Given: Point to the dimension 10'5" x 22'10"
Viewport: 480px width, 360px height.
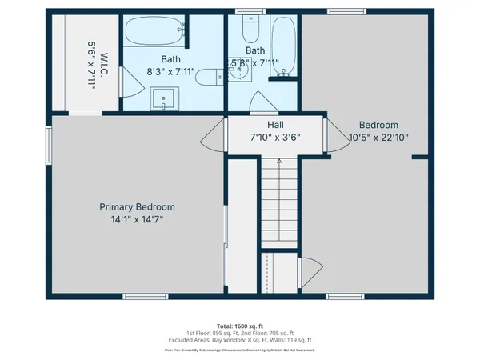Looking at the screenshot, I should [378, 137].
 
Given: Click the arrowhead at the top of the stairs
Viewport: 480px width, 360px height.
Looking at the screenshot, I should [279, 161].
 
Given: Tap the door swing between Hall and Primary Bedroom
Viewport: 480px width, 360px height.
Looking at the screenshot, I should [212, 136].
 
